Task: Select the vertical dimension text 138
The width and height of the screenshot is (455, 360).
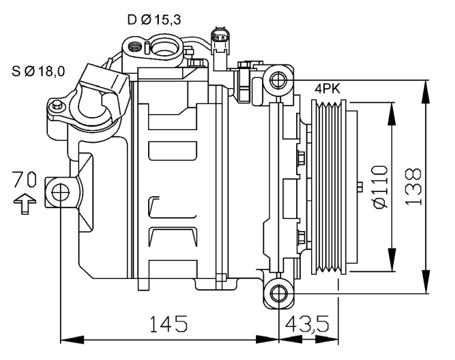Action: coord(413,186)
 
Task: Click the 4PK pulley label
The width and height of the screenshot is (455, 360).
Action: coord(327,89)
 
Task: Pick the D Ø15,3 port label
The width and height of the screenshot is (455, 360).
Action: coord(154,20)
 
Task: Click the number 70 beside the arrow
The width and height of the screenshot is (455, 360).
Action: coord(25,179)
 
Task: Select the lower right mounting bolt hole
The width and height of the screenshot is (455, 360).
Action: coord(277,293)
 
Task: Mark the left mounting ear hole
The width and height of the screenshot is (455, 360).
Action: coord(60,191)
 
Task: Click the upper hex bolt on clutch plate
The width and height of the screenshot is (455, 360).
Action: coord(301,158)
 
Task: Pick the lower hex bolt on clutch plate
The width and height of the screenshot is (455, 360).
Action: coord(301,235)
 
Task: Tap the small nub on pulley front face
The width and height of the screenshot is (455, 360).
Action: coord(359,187)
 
